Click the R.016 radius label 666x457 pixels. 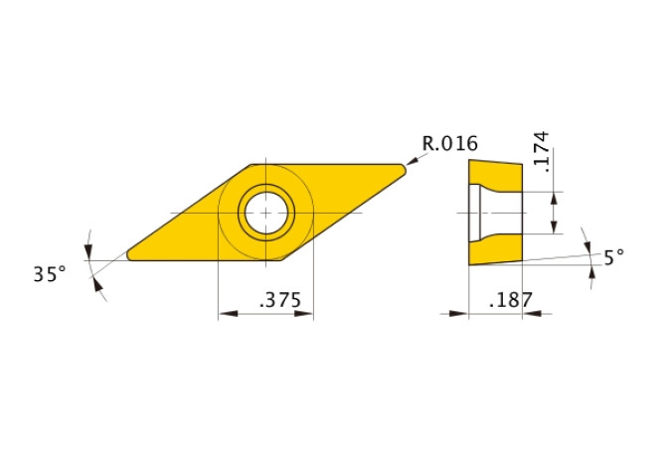coord(450,143)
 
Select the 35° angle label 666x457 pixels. coord(49,274)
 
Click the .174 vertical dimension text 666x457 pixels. coord(542,149)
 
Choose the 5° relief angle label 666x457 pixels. coord(614,256)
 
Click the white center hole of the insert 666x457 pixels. coord(265,212)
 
